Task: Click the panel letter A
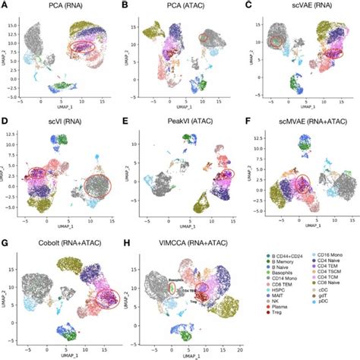coord(5,6)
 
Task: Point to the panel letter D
coord(5,121)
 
